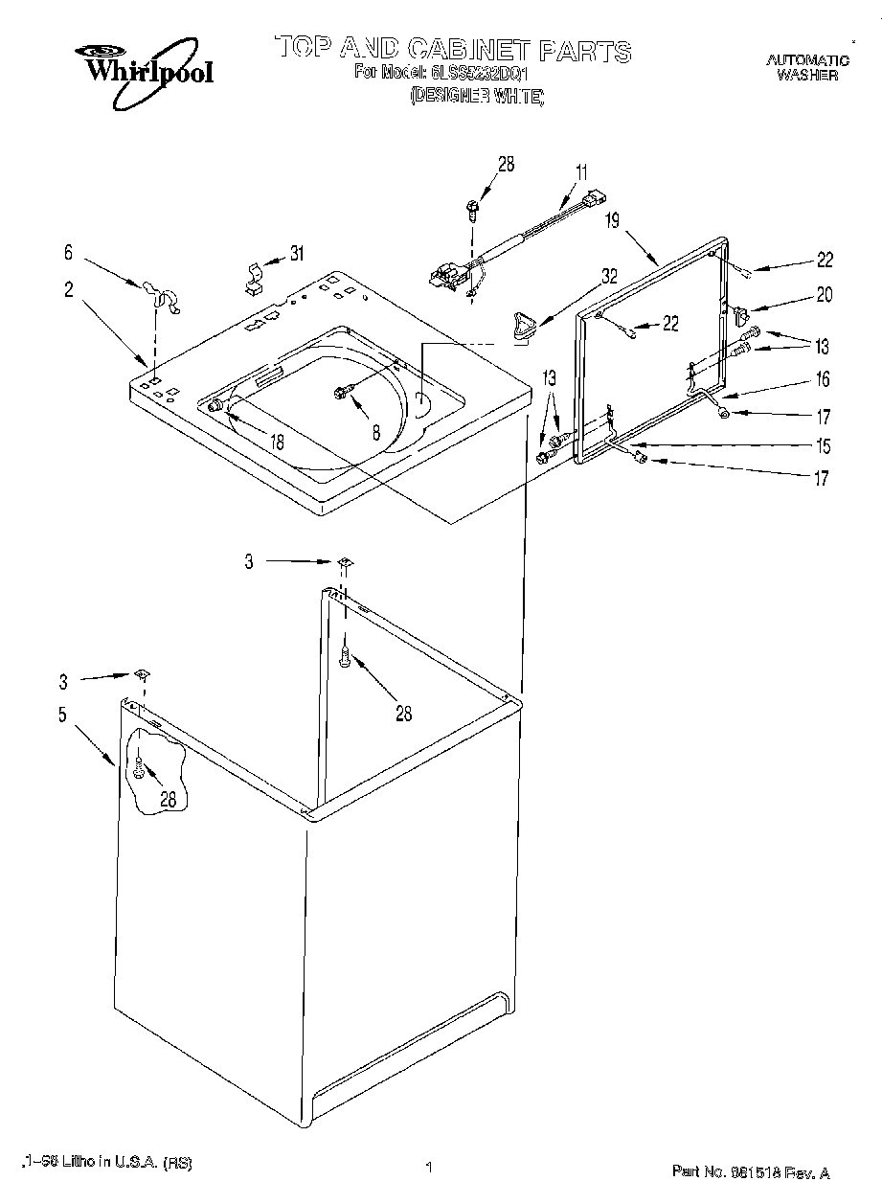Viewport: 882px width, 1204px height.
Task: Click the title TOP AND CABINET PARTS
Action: click(x=453, y=50)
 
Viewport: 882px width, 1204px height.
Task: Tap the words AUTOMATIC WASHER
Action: click(x=807, y=67)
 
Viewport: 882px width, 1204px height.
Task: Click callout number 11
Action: click(x=581, y=173)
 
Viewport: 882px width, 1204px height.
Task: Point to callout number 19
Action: click(x=613, y=220)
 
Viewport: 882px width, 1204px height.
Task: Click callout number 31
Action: click(x=297, y=254)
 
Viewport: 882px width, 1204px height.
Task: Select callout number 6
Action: click(x=68, y=253)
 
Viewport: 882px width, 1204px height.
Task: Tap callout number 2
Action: click(x=68, y=289)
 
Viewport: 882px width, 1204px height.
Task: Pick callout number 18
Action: click(x=277, y=442)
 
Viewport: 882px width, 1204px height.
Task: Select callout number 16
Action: click(x=822, y=379)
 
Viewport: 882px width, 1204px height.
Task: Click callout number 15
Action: click(x=821, y=446)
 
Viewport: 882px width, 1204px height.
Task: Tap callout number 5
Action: click(x=62, y=714)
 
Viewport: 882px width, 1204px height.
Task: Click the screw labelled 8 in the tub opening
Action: click(x=341, y=392)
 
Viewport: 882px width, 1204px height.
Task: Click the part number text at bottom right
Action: click(x=750, y=1170)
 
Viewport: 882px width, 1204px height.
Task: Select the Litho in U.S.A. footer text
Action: click(x=106, y=1163)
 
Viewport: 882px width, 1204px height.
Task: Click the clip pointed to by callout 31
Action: click(x=252, y=277)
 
